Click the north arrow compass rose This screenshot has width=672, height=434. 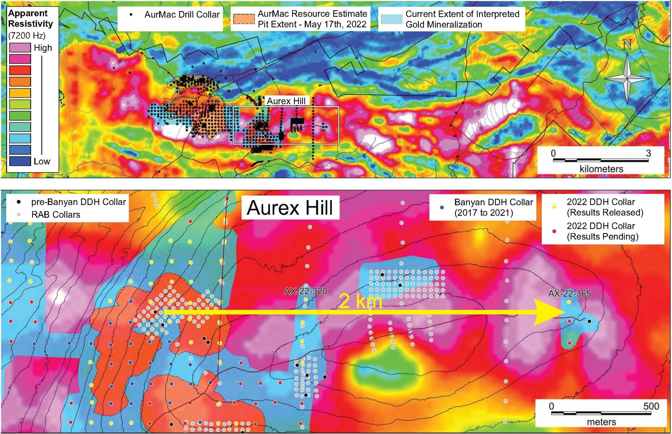click(627, 78)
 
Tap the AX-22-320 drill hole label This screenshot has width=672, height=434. click(305, 291)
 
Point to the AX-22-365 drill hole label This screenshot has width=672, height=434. click(569, 293)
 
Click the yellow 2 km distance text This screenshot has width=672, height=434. click(360, 301)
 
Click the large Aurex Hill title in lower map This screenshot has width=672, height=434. click(290, 207)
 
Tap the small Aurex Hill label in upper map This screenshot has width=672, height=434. click(286, 101)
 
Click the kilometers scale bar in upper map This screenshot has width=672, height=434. click(600, 160)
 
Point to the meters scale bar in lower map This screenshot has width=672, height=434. click(601, 413)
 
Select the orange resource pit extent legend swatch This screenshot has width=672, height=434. click(244, 19)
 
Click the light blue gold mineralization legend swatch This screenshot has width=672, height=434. click(391, 19)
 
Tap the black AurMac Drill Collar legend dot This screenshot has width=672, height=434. click(131, 15)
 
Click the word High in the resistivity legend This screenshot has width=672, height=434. click(43, 48)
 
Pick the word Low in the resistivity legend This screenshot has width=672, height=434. click(42, 161)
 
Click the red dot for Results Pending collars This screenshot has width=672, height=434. click(554, 231)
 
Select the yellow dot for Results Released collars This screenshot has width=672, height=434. click(554, 207)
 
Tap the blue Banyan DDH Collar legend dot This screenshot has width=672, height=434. click(442, 207)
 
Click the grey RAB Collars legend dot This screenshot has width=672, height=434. click(19, 214)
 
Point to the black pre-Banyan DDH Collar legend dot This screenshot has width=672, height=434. click(19, 202)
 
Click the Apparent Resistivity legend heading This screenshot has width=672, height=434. click(30, 18)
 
